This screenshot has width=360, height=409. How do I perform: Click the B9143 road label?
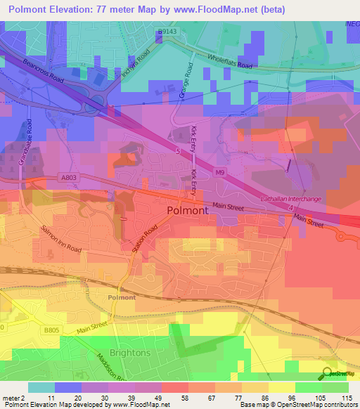click(167, 32)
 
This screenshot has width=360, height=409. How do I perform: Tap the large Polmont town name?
click(187, 210)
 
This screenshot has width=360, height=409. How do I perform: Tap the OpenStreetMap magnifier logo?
click(326, 372)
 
